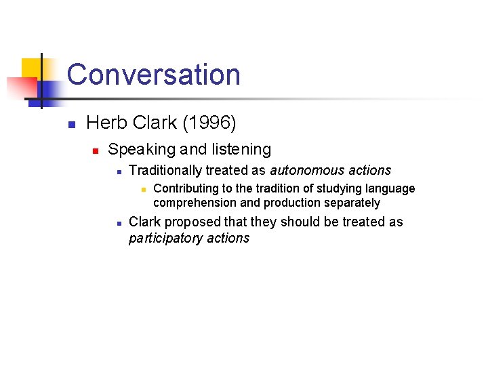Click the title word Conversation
coord(154,75)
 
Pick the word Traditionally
coord(165,170)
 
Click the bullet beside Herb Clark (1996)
coord(70,124)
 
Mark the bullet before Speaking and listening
coord(96,150)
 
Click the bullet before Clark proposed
coord(118,223)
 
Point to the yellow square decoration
coord(30,68)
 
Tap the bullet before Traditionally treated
coord(118,171)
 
